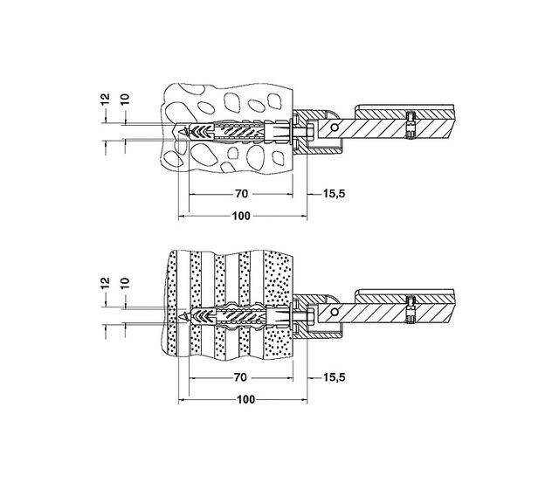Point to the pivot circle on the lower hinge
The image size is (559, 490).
332,313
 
